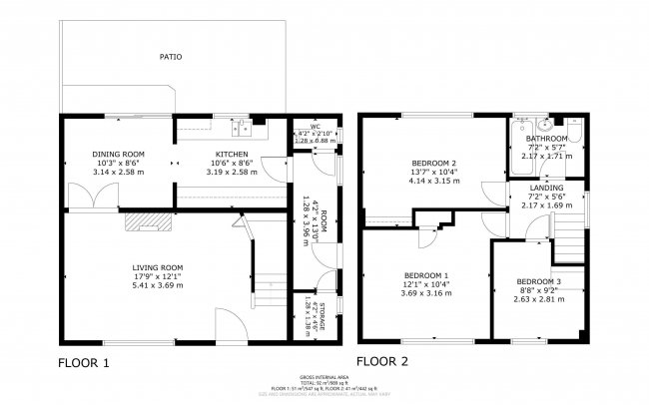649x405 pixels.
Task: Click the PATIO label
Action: click(x=171, y=57)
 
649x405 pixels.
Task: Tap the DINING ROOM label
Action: click(x=119, y=154)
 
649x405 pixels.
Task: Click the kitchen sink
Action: click(x=243, y=127)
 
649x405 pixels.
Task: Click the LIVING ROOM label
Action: click(x=158, y=267)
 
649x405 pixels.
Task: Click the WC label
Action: click(x=315, y=127)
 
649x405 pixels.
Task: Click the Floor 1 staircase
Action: click(x=269, y=269)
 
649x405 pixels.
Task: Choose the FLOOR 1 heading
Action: click(x=84, y=362)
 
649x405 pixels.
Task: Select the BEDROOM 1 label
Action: click(x=426, y=274)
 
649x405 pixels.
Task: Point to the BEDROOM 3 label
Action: click(x=538, y=281)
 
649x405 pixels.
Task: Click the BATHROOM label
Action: click(x=548, y=139)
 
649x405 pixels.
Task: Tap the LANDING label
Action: click(x=546, y=188)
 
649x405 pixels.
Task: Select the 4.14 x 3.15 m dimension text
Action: click(x=434, y=182)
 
